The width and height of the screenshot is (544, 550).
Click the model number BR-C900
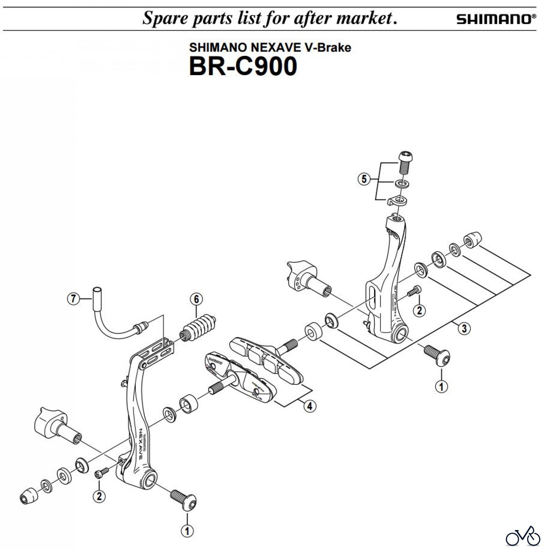243,66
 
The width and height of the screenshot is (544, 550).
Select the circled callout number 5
364,179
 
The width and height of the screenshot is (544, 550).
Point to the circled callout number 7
73,298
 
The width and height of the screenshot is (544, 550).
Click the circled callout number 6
196,299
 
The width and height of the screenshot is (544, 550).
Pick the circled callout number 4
310,406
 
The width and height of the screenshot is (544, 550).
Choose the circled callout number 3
464,328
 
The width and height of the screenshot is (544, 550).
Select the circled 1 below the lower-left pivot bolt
187,531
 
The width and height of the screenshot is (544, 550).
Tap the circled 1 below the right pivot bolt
441,387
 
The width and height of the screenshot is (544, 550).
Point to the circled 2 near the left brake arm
99,496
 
